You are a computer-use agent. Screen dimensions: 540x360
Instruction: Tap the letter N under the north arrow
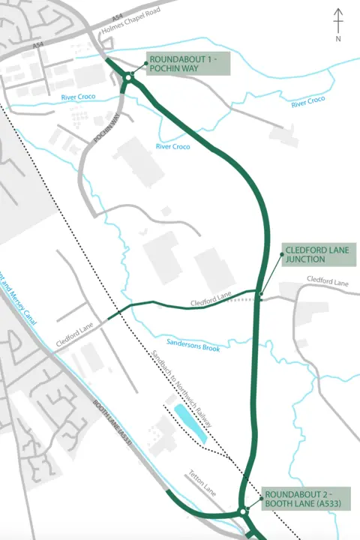point(338,37)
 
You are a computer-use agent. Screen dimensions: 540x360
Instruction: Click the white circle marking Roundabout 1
point(129,77)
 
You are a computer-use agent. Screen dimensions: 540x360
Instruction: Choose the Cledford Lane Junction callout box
point(316,254)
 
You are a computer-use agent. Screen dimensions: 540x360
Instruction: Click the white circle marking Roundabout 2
point(243,512)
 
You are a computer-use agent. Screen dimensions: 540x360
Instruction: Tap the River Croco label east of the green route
point(307,100)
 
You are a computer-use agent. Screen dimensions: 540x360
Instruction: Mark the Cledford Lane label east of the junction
point(328,283)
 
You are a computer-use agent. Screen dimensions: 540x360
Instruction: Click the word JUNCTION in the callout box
point(304,259)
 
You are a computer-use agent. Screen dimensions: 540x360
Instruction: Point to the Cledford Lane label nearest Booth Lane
point(73,337)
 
